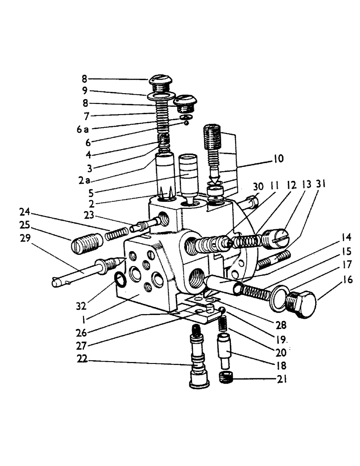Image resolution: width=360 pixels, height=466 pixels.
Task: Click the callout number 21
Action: coord(281,380)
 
